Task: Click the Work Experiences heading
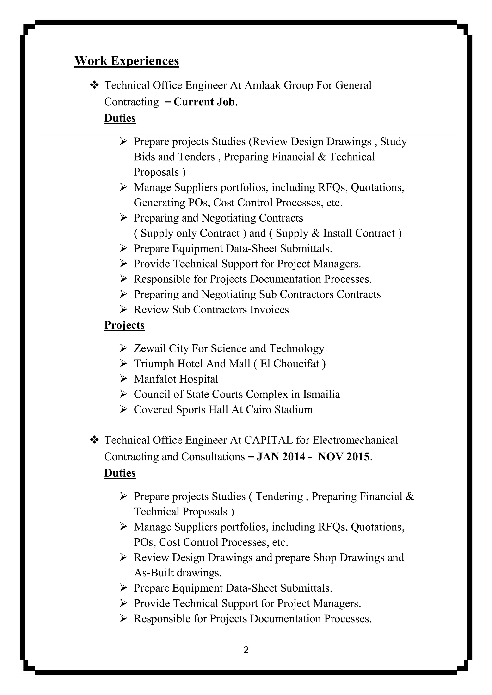(127, 61)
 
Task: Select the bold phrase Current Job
(204, 102)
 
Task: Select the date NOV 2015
(344, 456)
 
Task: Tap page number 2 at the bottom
(246, 650)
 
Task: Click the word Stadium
(294, 410)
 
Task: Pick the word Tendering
(279, 497)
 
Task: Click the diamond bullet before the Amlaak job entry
(94, 85)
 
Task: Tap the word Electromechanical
(355, 440)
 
